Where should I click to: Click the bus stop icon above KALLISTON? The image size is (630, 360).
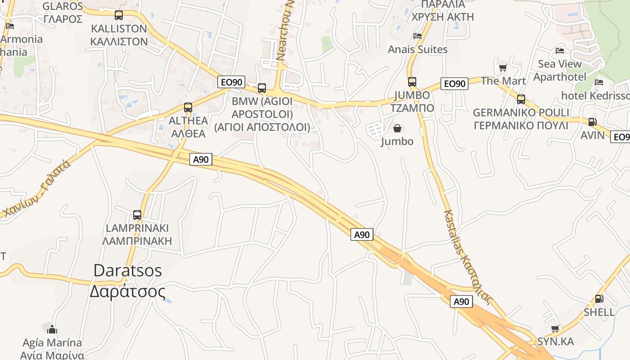pos(119,15)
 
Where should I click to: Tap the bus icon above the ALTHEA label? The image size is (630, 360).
pos(188,108)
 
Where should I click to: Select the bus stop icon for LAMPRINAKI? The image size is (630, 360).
pos(137,215)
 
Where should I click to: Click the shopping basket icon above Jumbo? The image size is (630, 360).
pos(397,129)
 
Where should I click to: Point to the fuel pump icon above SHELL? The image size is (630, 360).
pos(599,299)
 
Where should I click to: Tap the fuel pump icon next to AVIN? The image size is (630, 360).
pos(592,122)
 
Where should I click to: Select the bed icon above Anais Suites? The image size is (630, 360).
pos(418,36)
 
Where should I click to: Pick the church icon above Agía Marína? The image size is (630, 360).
pos(52,329)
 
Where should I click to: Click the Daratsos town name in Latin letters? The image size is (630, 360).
pos(128,270)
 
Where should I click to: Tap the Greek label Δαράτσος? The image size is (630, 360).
pos(127,292)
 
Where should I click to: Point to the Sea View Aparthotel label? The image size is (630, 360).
pos(560,70)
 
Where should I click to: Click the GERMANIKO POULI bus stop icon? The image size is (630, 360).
pos(521,99)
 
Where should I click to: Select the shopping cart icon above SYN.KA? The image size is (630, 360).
pos(555,329)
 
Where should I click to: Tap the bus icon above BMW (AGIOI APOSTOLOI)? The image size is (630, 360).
pos(262,88)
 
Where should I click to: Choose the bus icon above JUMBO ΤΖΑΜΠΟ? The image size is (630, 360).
pos(412,82)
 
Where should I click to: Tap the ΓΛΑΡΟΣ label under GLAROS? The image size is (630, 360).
pos(63,19)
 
